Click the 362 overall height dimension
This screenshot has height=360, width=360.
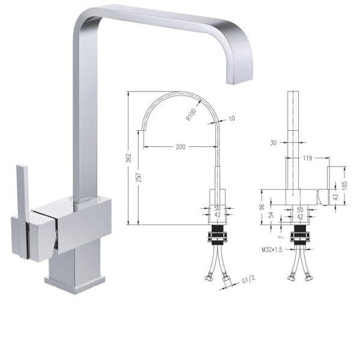pos(129,157)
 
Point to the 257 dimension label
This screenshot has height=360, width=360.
pos(139,177)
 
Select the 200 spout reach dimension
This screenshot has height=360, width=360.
pos(181,147)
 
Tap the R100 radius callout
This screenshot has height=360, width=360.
pos(191,115)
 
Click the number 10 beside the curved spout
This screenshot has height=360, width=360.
pos(231,118)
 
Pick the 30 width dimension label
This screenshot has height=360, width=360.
pos(274,143)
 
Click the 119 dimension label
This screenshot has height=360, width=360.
pos(307,158)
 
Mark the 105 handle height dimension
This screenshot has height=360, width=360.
pos(345,184)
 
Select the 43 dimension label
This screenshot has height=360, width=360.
pos(335,197)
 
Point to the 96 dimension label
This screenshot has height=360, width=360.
pos(262,207)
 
